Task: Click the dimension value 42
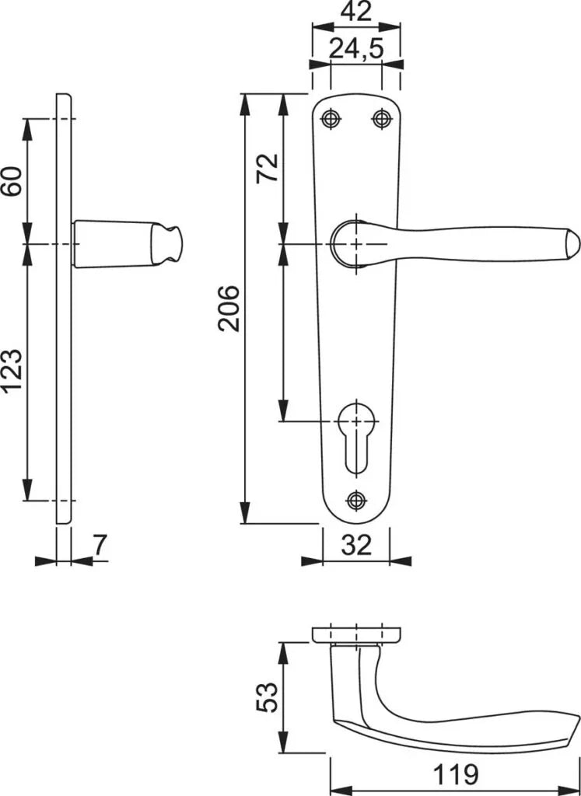click(x=356, y=11)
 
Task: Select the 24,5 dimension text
click(x=356, y=49)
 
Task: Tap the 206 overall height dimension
click(x=229, y=308)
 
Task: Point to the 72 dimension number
click(x=267, y=168)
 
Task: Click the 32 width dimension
click(x=356, y=545)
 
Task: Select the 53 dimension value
click(x=267, y=697)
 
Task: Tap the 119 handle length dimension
click(x=456, y=775)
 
